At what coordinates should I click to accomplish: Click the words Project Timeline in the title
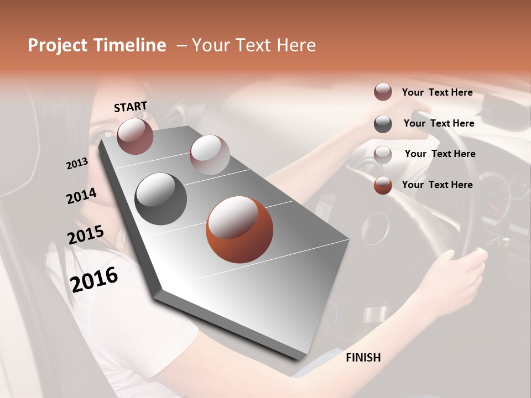(97, 45)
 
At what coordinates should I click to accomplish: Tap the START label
(131, 107)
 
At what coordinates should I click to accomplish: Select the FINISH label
(363, 358)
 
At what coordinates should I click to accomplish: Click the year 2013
(77, 164)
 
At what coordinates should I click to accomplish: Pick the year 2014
(81, 196)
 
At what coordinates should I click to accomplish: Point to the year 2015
(86, 235)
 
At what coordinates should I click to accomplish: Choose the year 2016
(94, 279)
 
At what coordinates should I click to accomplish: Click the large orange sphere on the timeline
(240, 229)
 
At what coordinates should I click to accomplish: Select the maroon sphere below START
(135, 136)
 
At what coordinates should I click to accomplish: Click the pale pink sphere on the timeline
(210, 155)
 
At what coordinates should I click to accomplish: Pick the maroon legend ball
(383, 92)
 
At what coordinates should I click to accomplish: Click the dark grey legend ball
(383, 124)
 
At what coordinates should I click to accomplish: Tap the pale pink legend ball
(383, 155)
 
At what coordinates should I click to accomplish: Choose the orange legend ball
(383, 185)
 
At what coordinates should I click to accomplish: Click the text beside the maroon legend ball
(437, 92)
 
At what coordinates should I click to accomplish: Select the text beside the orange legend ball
(437, 185)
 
